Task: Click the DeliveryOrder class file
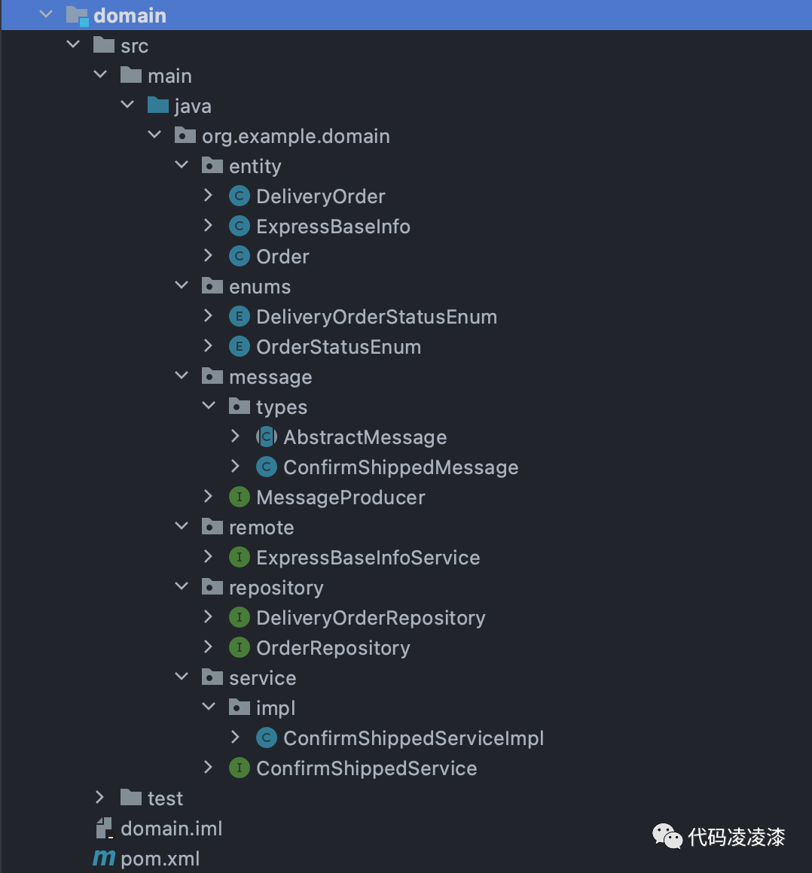(x=320, y=196)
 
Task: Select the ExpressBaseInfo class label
(x=333, y=227)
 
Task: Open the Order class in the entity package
(x=282, y=257)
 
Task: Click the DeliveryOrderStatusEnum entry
(x=376, y=317)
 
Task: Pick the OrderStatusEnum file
(x=338, y=347)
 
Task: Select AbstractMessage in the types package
(x=365, y=437)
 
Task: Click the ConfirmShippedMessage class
(x=401, y=467)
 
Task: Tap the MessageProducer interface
(x=340, y=497)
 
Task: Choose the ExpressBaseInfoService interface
(x=368, y=558)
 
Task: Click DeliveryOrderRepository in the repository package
(x=371, y=618)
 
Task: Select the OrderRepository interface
(x=333, y=648)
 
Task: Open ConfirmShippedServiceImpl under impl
(x=414, y=738)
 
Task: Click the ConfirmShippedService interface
(x=366, y=768)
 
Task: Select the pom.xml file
(x=160, y=859)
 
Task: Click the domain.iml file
(x=171, y=829)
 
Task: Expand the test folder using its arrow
(x=99, y=798)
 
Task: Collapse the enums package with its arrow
(x=182, y=286)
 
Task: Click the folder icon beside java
(x=158, y=105)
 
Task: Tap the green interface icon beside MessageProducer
(x=239, y=497)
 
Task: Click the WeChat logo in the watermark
(x=667, y=835)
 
